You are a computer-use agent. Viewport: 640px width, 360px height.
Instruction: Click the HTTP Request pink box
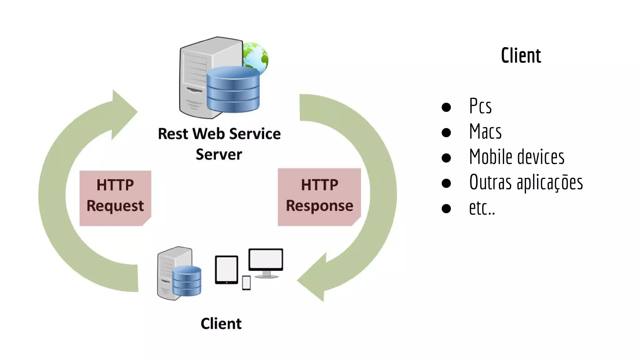(115, 198)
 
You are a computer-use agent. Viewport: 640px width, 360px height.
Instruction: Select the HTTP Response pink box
(319, 197)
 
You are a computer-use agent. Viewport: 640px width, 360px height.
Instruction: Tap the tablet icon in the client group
(227, 270)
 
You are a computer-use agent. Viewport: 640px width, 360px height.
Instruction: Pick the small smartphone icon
(246, 283)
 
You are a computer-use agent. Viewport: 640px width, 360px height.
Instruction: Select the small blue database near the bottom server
(187, 281)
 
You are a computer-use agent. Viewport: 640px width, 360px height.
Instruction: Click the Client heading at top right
(521, 56)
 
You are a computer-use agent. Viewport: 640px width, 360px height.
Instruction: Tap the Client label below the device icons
(221, 323)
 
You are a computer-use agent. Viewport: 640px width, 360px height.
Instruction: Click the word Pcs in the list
(480, 106)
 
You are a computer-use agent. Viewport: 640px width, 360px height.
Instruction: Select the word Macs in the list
(485, 132)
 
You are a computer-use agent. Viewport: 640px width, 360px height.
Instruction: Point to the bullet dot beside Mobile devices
(446, 158)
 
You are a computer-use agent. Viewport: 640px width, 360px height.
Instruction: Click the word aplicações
(550, 183)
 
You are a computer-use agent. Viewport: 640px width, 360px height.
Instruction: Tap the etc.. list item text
(482, 208)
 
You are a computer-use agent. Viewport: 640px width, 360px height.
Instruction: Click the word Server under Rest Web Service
(219, 154)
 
